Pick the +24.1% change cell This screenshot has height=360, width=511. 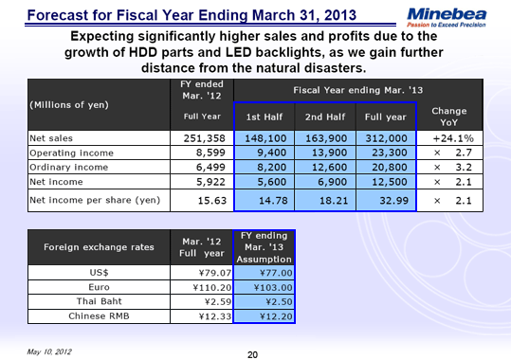tap(453, 137)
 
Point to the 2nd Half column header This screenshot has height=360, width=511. tap(324, 117)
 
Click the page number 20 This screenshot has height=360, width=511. tap(252, 353)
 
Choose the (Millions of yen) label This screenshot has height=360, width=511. tap(67, 104)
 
